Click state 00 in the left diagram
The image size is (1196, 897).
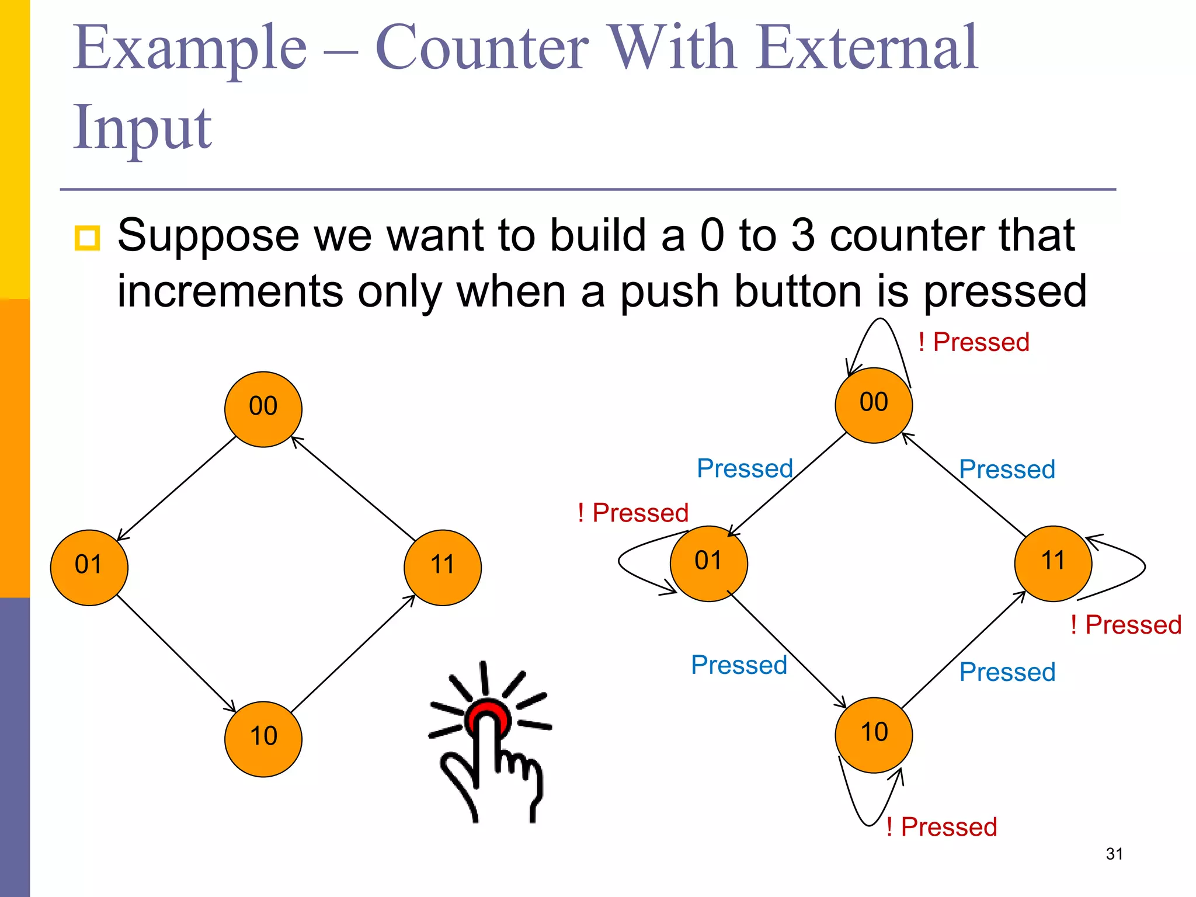pos(263,409)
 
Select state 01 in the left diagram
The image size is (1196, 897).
pos(89,567)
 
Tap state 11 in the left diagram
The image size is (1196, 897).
pos(443,567)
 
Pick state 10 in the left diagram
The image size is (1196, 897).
pos(263,739)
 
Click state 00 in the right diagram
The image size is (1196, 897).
pos(874,405)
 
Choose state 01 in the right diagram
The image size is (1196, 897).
pos(708,563)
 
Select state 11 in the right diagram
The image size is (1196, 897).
pos(1053,563)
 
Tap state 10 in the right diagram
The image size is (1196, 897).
pos(874,735)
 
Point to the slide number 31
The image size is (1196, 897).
pos(1114,854)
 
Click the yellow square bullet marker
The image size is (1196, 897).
pos(88,238)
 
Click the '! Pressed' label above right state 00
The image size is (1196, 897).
pos(974,342)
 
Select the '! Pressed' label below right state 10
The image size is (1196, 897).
pos(941,827)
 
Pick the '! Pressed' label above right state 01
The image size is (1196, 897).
pos(633,513)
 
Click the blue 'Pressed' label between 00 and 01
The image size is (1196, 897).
pos(745,468)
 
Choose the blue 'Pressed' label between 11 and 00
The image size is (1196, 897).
pos(1007,470)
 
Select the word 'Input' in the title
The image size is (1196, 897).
pos(142,127)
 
